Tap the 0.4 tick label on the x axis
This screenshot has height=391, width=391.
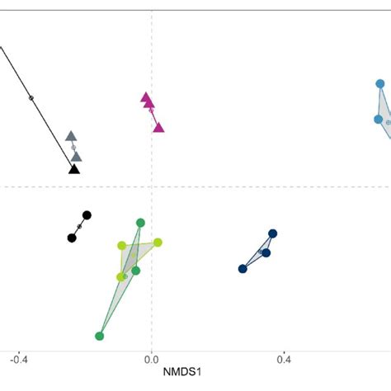click(284, 360)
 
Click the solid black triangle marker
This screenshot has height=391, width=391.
click(74, 168)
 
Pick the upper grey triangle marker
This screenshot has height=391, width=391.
click(71, 135)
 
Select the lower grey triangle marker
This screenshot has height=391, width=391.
click(76, 155)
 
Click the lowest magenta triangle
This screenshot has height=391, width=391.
click(158, 127)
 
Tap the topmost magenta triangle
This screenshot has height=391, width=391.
click(145, 97)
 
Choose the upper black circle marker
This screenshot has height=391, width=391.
click(87, 215)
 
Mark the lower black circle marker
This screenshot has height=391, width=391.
click(72, 238)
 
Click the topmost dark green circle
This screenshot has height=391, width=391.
click(140, 223)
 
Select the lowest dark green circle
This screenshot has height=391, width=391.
click(100, 336)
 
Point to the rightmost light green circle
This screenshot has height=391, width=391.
click(158, 243)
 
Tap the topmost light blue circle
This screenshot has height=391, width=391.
click(380, 83)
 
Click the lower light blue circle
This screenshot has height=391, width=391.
click(378, 120)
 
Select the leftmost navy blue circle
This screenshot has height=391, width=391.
click(243, 269)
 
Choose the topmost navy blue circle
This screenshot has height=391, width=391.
click(272, 233)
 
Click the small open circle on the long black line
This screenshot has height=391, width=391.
click(31, 98)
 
